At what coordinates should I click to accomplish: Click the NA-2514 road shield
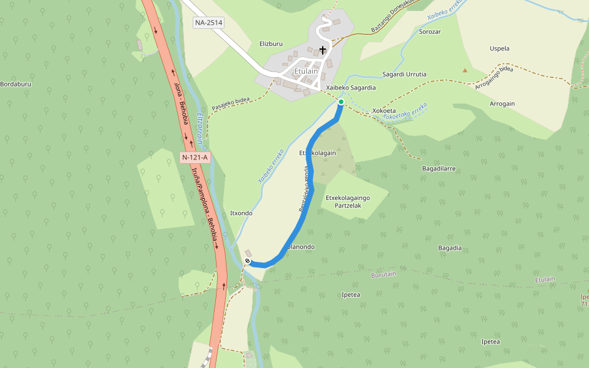coord(209,23)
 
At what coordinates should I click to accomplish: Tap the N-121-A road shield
coord(195,158)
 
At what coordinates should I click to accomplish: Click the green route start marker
coord(341,102)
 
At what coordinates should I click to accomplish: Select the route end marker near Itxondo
coord(247,262)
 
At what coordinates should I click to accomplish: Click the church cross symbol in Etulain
coord(323,49)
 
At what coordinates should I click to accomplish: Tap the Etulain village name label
coord(306,71)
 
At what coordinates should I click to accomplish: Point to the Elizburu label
coord(271,44)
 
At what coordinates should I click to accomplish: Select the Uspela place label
coord(499,48)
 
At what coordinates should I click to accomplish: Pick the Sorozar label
coord(430,31)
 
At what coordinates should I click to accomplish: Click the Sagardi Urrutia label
coord(404,74)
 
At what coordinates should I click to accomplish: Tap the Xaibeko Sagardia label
coord(350,88)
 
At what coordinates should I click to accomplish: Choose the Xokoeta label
coord(384,111)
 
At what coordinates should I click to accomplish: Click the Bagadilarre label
coord(439,168)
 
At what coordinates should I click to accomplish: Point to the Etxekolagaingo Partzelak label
coord(348,202)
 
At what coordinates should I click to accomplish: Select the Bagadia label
coord(450,248)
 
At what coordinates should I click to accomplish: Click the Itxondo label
coord(241,213)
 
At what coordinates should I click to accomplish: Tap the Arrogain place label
coord(502,104)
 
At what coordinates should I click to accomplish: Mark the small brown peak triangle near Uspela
coord(465,70)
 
